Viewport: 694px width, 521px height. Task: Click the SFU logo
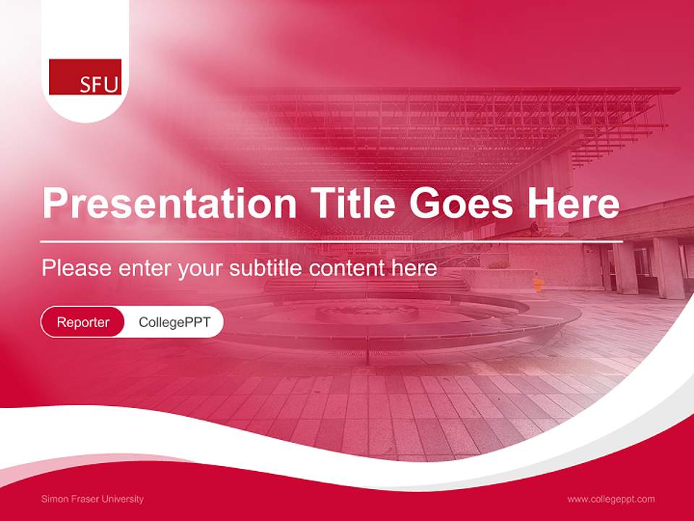point(85,77)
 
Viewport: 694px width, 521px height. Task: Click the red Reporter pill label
point(83,322)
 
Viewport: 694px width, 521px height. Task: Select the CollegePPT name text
point(174,322)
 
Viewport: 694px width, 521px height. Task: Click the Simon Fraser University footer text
point(93,499)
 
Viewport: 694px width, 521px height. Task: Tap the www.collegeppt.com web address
point(611,499)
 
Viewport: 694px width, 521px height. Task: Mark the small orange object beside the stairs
point(538,284)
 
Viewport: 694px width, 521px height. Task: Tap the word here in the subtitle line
point(416,268)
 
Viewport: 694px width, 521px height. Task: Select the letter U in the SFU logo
point(111,85)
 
